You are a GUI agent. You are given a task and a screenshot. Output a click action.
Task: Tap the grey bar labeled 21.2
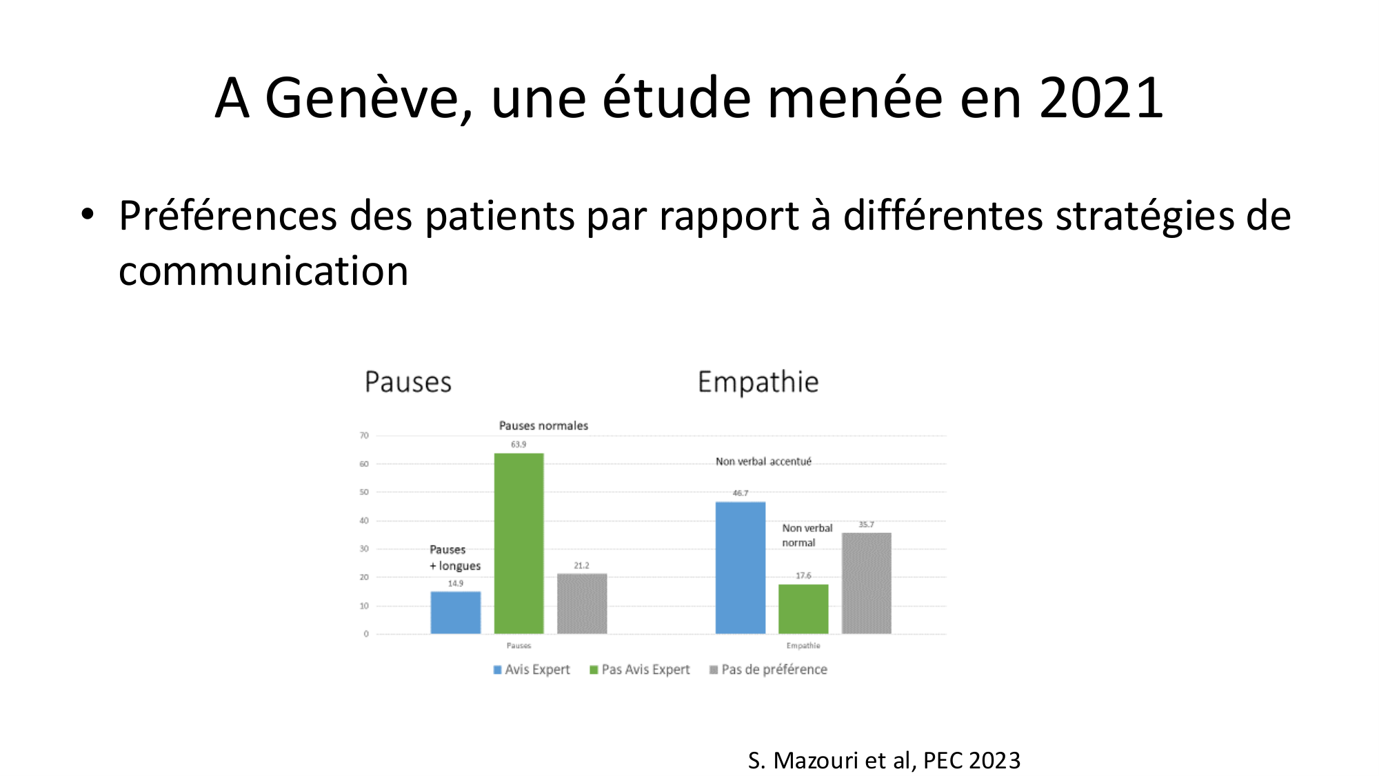582,604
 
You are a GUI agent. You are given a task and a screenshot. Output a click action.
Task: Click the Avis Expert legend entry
532,670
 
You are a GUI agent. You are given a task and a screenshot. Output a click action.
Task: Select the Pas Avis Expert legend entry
639,670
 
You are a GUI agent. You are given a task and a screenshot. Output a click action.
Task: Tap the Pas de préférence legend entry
768,670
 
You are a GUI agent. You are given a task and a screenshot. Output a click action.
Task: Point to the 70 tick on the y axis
364,436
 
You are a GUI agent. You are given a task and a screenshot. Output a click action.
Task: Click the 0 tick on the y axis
366,634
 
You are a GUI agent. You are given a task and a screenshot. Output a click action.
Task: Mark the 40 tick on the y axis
364,521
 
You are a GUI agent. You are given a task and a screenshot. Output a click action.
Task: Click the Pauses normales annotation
543,426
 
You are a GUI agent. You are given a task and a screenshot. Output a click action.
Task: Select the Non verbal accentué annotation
763,461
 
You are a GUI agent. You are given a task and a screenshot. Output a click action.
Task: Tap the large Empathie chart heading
758,382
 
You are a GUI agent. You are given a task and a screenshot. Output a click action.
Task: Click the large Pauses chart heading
408,382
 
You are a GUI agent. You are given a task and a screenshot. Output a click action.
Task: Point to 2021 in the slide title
1101,98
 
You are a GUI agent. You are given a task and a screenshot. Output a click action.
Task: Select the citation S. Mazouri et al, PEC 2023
884,760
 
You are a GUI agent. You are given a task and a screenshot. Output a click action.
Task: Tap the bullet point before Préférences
87,214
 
